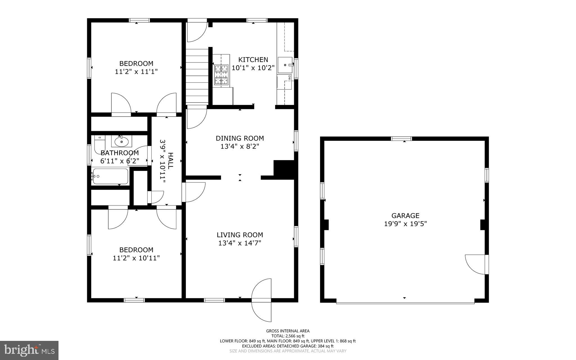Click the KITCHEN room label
253,60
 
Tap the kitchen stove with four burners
221,75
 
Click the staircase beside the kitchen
197,76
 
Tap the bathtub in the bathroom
110,176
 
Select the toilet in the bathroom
99,144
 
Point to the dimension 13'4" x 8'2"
240,146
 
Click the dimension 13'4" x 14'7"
240,243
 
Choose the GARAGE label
405,216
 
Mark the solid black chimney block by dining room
284,168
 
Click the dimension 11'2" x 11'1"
136,71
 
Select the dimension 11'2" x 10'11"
136,258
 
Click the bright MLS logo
29,350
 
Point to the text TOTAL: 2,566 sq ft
288,336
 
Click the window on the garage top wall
401,138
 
